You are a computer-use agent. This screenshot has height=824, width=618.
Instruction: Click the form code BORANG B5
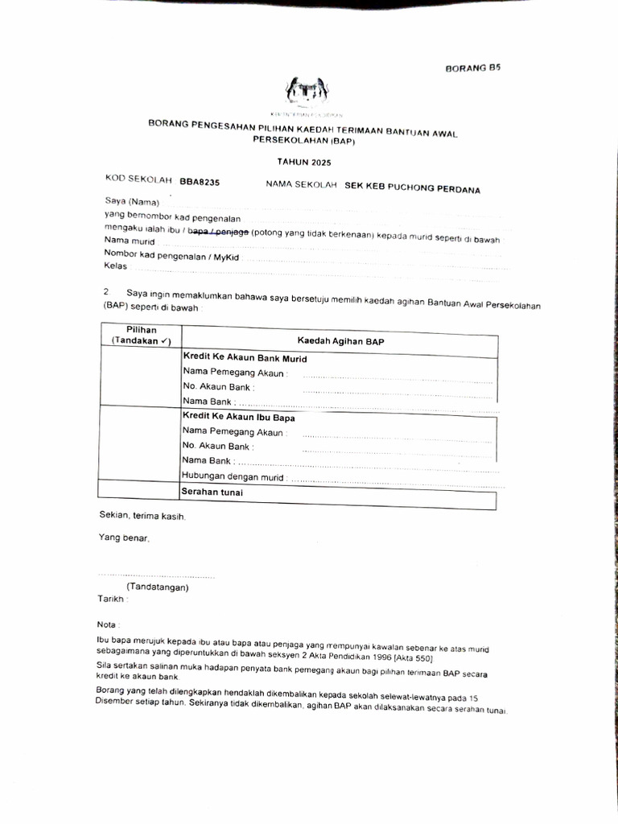[472, 69]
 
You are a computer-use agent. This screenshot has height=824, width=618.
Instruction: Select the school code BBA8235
[200, 183]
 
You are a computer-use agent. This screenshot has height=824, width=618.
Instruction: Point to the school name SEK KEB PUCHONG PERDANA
[412, 189]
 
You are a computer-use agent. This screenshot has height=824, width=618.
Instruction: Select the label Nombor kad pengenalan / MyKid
[172, 255]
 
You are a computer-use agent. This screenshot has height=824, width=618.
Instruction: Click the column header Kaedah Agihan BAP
[341, 342]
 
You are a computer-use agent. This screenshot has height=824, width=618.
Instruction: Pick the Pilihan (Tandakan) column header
[141, 336]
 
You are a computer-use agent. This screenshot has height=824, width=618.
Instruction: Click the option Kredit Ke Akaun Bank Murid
[245, 358]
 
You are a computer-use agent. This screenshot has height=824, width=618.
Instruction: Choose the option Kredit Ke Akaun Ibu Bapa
[239, 418]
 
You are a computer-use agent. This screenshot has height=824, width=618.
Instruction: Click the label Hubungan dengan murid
[234, 476]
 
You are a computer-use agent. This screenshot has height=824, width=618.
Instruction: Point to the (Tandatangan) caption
[157, 587]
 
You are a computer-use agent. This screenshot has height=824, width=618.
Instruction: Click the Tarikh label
[113, 599]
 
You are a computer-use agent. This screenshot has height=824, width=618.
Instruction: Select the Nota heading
[109, 624]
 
